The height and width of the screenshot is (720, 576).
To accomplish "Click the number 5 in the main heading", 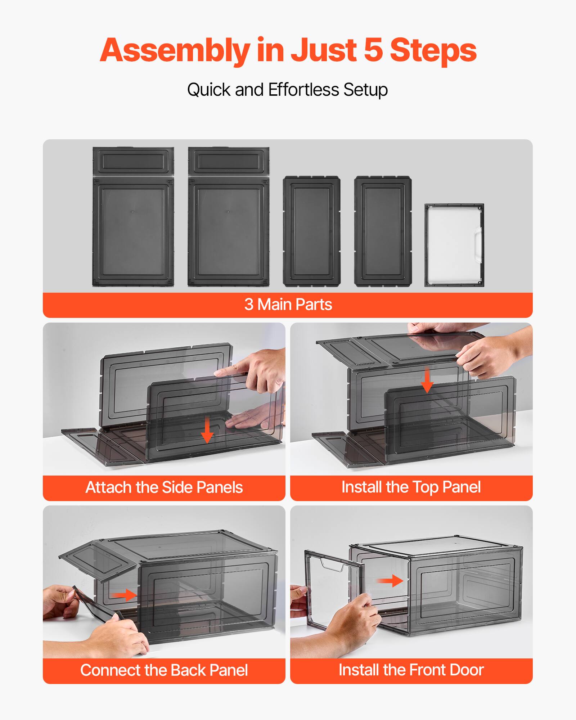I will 373,50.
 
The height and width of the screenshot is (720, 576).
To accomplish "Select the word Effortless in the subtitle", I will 303,90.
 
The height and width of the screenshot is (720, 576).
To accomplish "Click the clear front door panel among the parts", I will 454,245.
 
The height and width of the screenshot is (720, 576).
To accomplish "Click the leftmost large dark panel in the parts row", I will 133,217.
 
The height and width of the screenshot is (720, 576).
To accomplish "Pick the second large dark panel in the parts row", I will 229,217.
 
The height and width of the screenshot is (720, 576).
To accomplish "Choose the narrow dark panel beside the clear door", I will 383,231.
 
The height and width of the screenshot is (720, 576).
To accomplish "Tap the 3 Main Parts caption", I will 288,305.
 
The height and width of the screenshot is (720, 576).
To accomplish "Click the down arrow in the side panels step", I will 207,430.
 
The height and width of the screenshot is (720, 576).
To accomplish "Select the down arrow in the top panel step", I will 427,380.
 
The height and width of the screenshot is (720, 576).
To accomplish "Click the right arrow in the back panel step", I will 124,595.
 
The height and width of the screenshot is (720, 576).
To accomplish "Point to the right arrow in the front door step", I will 390,581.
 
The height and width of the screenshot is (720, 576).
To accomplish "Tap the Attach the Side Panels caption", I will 164,487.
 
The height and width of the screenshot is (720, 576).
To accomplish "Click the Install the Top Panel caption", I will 411,487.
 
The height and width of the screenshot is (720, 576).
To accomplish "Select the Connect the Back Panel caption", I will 164,670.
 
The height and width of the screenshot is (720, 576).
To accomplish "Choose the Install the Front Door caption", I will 411,670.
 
